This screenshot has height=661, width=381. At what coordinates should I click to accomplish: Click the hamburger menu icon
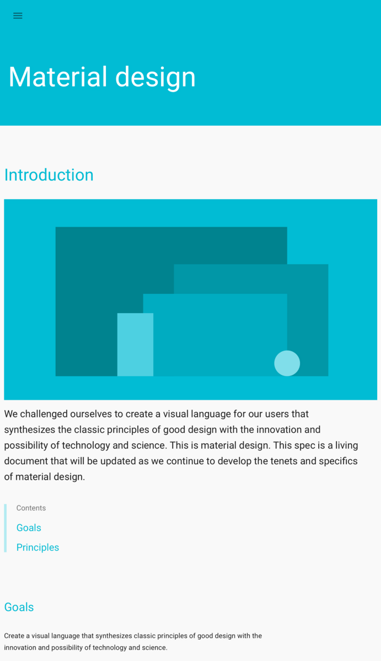18,15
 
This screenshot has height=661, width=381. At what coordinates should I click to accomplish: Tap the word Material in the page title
58,77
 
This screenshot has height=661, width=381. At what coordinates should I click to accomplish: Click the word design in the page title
155,78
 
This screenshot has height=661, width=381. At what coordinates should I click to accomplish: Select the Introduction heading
49,175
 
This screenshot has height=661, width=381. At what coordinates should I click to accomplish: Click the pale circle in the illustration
287,363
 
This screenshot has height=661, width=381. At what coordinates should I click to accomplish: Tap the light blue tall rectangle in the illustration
135,345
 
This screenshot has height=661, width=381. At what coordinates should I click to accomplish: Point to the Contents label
31,508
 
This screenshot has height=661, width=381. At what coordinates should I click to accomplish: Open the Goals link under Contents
29,528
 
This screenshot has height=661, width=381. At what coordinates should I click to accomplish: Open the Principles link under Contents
37,547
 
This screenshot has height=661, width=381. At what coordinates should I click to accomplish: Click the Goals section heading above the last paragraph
19,607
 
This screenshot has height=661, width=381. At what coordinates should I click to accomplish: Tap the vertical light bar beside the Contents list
6,528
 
